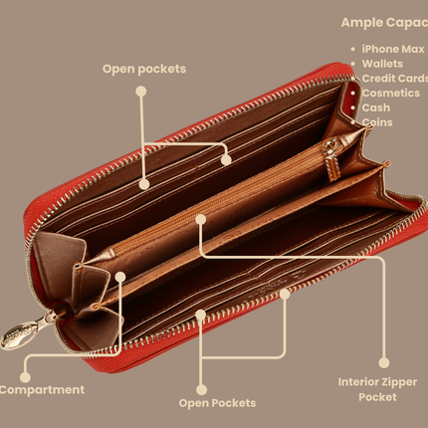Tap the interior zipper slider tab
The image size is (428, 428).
(x=331, y=161)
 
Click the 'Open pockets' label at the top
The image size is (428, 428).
(x=144, y=69)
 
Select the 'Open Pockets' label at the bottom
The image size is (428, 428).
(x=217, y=403)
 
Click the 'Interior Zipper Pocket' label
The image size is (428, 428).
(x=377, y=389)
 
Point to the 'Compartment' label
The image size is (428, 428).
(x=42, y=390)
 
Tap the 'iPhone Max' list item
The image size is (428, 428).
(x=393, y=49)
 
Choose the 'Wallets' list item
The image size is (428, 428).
(x=382, y=64)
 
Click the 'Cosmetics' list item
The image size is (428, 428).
(x=391, y=93)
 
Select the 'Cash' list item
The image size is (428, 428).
(x=376, y=107)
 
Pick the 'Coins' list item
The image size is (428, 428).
(x=377, y=122)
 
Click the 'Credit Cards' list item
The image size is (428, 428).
(x=395, y=79)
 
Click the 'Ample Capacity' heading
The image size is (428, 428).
(x=384, y=23)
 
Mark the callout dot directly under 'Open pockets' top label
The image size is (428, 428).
(x=141, y=92)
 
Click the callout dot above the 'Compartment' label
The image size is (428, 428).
(x=25, y=377)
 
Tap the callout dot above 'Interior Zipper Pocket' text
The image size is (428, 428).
(x=384, y=362)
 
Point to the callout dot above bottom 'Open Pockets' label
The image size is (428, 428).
(x=201, y=390)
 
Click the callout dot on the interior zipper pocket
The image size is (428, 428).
(x=200, y=219)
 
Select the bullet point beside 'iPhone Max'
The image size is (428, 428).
(x=352, y=49)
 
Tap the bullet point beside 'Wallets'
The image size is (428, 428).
(x=352, y=64)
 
